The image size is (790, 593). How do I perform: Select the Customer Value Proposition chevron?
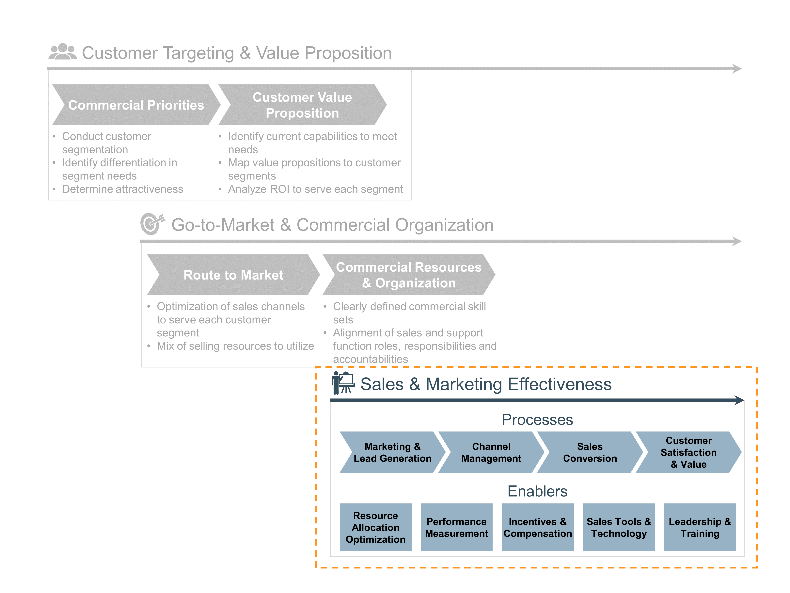(x=302, y=105)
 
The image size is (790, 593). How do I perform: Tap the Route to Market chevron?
(x=233, y=275)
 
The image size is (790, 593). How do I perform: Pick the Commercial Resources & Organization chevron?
(x=409, y=275)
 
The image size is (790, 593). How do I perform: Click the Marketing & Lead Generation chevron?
(x=392, y=452)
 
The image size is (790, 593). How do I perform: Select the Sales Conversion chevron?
(x=590, y=452)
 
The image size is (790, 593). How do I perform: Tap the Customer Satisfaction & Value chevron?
(x=688, y=452)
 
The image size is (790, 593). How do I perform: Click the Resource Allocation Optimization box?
(x=375, y=527)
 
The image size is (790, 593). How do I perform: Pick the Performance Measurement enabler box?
(x=456, y=527)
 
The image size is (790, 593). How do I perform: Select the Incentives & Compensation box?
(x=538, y=527)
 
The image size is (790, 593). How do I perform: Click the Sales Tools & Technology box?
(x=619, y=527)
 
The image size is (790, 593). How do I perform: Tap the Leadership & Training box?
(x=700, y=527)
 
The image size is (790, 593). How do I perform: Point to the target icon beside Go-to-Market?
(x=152, y=224)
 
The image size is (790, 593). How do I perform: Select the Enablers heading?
(x=537, y=491)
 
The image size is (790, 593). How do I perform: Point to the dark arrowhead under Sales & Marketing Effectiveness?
(x=739, y=400)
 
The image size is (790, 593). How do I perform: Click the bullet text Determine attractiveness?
(x=122, y=189)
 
